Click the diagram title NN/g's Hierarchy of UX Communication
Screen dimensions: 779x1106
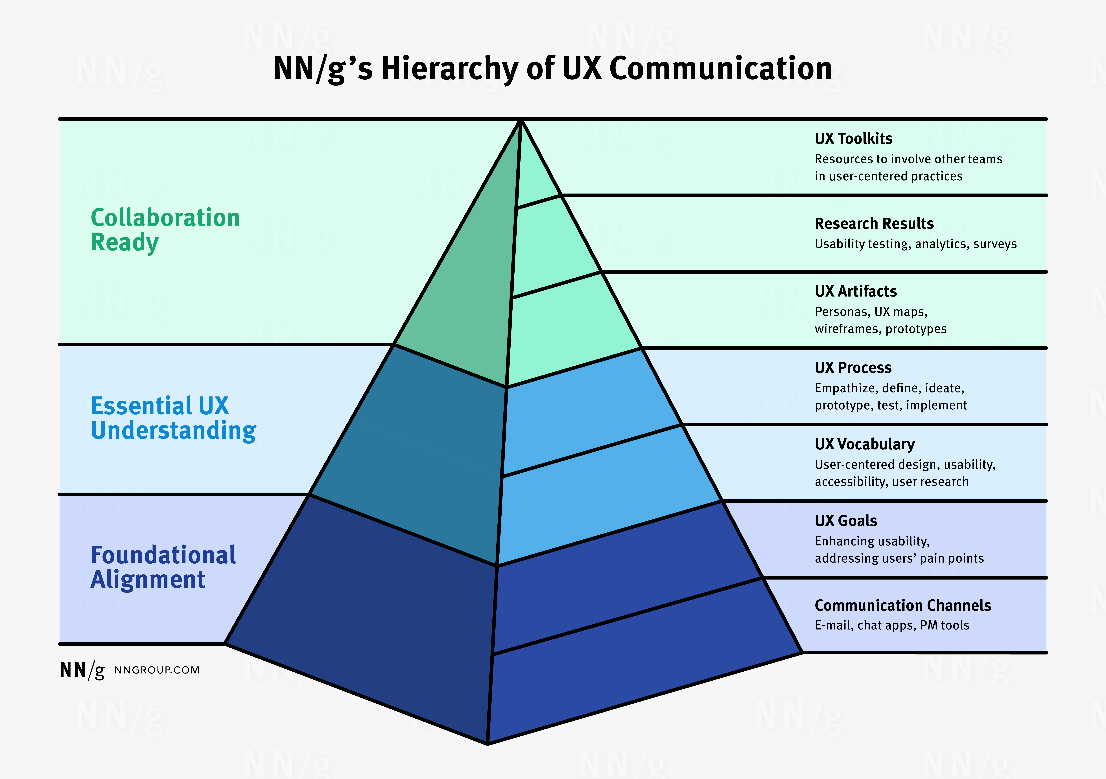pos(552,68)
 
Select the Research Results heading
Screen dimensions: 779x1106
pos(874,224)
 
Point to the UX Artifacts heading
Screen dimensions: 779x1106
pos(856,291)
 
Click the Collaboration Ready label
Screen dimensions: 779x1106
pos(165,230)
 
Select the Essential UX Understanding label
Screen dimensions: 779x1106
pos(173,418)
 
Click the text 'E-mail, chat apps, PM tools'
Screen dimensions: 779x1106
pos(892,625)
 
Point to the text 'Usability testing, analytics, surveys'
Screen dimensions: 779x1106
pos(915,244)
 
